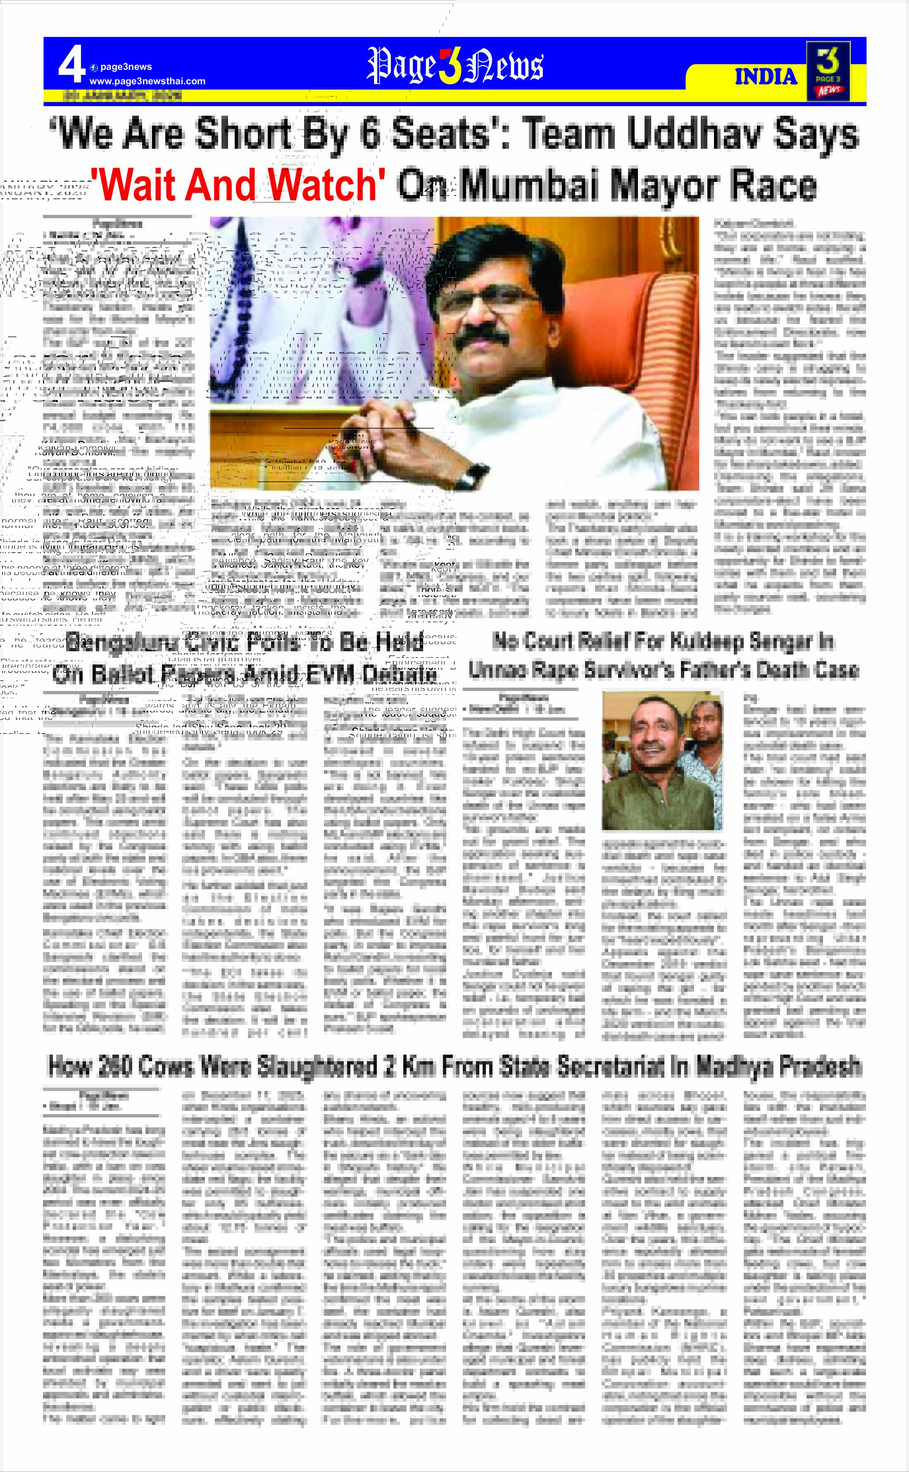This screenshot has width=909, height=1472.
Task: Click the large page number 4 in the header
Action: [71, 66]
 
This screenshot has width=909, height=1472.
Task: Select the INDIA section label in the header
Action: [765, 77]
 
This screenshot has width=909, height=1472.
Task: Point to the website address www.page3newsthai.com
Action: [147, 81]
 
